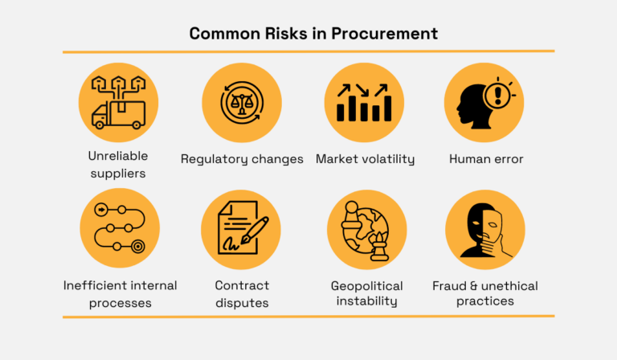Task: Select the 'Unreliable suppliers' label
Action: click(118, 163)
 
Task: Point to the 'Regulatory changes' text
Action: click(242, 159)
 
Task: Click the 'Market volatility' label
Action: click(365, 159)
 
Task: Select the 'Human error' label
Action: click(486, 159)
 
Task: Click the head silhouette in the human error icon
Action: click(472, 104)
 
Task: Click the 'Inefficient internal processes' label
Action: click(120, 294)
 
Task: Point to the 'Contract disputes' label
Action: click(242, 294)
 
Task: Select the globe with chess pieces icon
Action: click(366, 229)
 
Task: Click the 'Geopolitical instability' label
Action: click(366, 294)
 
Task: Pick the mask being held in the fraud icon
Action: click(496, 227)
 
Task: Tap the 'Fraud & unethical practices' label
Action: click(485, 294)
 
